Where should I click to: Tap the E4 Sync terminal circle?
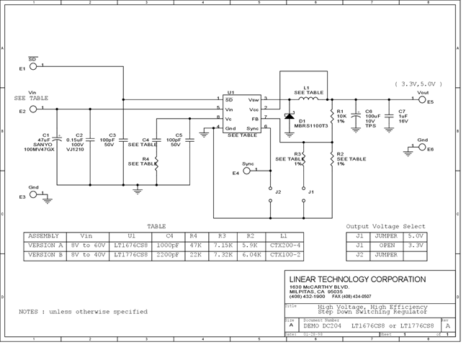(x=246, y=171)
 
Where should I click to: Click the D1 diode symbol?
(x=289, y=116)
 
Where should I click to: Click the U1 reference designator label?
(x=230, y=93)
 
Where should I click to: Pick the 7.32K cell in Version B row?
(x=221, y=255)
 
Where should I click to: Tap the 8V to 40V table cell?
(x=86, y=255)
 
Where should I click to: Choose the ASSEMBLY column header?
(x=45, y=235)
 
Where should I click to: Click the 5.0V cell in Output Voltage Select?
(x=416, y=235)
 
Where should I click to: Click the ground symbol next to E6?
(x=409, y=149)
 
